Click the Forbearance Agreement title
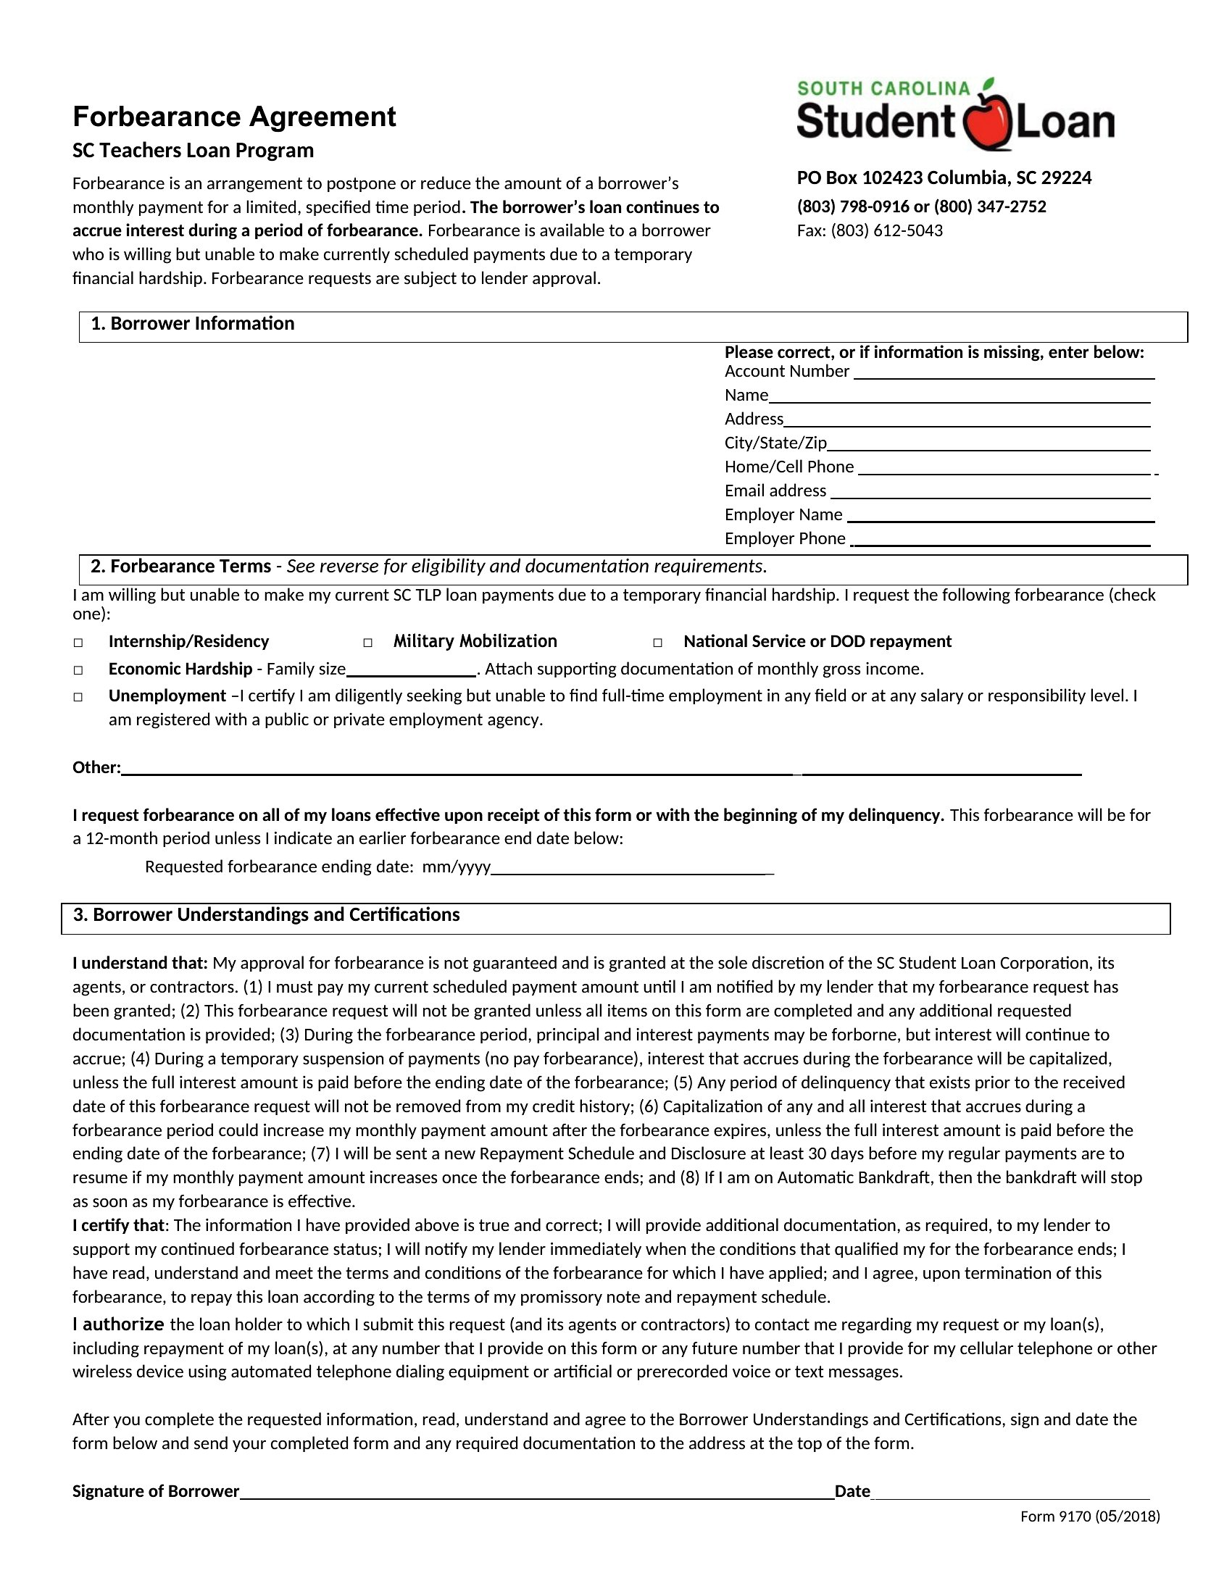pyautogui.click(x=233, y=117)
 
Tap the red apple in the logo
pyautogui.click(x=987, y=121)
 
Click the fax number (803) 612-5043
pyautogui.click(x=886, y=230)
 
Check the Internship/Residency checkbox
pyautogui.click(x=78, y=643)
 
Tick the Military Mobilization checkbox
pyautogui.click(x=368, y=643)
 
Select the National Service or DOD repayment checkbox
pyautogui.click(x=657, y=643)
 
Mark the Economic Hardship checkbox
pyautogui.click(x=78, y=670)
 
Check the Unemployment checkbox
pyautogui.click(x=78, y=697)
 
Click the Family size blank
pyautogui.click(x=411, y=670)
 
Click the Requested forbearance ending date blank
pyautogui.click(x=631, y=868)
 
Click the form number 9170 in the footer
pyautogui.click(x=1074, y=1516)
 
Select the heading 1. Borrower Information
pyautogui.click(x=192, y=324)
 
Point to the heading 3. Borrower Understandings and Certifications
pyautogui.click(x=267, y=915)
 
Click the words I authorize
pyautogui.click(x=118, y=1324)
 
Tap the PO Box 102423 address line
pyautogui.click(x=944, y=178)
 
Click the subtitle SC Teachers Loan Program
pyautogui.click(x=193, y=151)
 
